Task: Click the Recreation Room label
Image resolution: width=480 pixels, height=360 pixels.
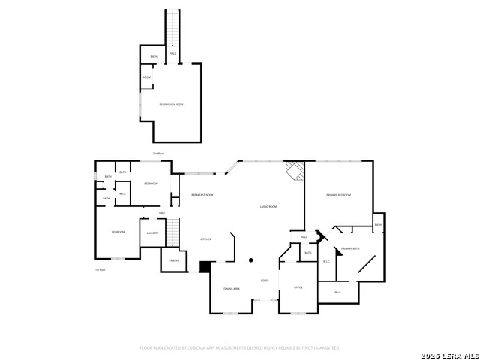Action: tap(171, 104)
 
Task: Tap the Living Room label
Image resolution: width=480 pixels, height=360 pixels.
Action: tap(268, 206)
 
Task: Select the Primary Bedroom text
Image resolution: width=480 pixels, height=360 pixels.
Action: tap(339, 195)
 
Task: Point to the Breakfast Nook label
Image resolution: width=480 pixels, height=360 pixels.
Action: tap(202, 195)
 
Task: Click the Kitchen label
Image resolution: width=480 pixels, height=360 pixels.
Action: tap(205, 238)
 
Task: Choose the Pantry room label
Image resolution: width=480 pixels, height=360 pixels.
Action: tap(173, 261)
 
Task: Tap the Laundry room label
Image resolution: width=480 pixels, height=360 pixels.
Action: tap(152, 232)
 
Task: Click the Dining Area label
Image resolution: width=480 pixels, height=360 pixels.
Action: tap(232, 288)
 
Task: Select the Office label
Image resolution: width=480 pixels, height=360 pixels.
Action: tap(298, 288)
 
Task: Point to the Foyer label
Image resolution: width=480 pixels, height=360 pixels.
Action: tap(265, 280)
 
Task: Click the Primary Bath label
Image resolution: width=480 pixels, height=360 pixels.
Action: tap(350, 248)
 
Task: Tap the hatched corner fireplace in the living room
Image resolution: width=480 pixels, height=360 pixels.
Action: tap(295, 172)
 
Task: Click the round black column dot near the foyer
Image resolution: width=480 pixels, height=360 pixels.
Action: tap(251, 260)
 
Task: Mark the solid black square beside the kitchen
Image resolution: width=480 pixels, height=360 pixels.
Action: tap(205, 266)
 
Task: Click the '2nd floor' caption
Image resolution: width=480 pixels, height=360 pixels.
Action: tap(158, 153)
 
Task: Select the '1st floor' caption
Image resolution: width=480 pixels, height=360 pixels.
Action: tap(100, 270)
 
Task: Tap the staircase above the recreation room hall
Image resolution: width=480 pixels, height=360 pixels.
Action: tap(173, 28)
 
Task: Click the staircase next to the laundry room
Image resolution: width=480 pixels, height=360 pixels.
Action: tap(173, 232)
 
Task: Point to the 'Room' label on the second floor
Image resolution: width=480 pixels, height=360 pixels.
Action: tap(147, 77)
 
